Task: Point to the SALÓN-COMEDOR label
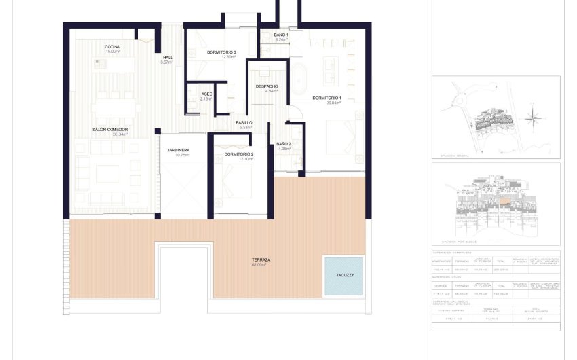click(111, 131)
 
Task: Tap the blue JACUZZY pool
click(343, 276)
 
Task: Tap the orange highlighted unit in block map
click(504, 202)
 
